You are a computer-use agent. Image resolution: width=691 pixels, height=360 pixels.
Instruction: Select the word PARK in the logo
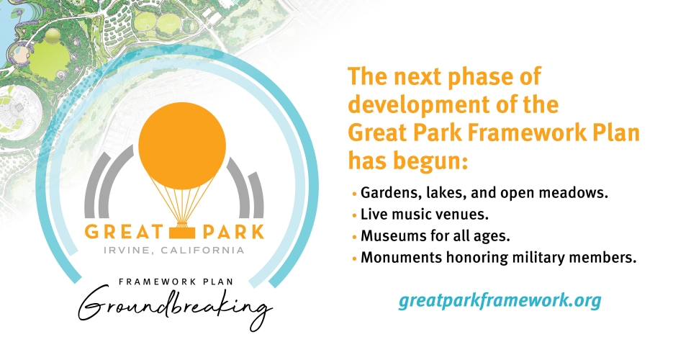pos(231,233)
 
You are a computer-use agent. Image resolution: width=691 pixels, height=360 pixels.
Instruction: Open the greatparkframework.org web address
pos(499,300)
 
